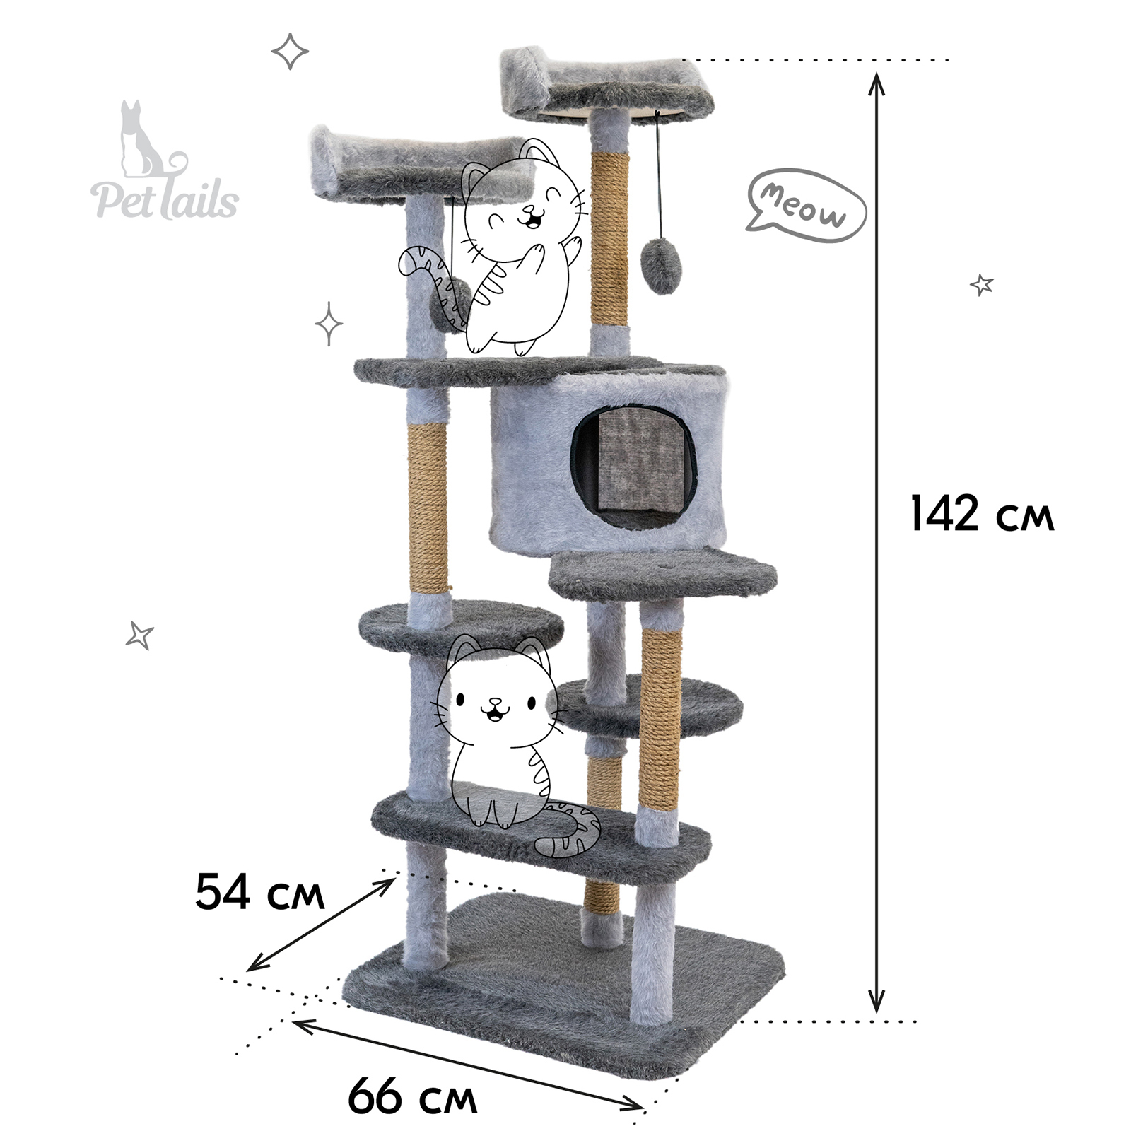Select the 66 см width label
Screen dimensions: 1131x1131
pos(412,1096)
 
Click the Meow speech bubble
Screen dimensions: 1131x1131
pos(807,205)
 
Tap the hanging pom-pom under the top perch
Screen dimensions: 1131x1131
pos(659,266)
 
